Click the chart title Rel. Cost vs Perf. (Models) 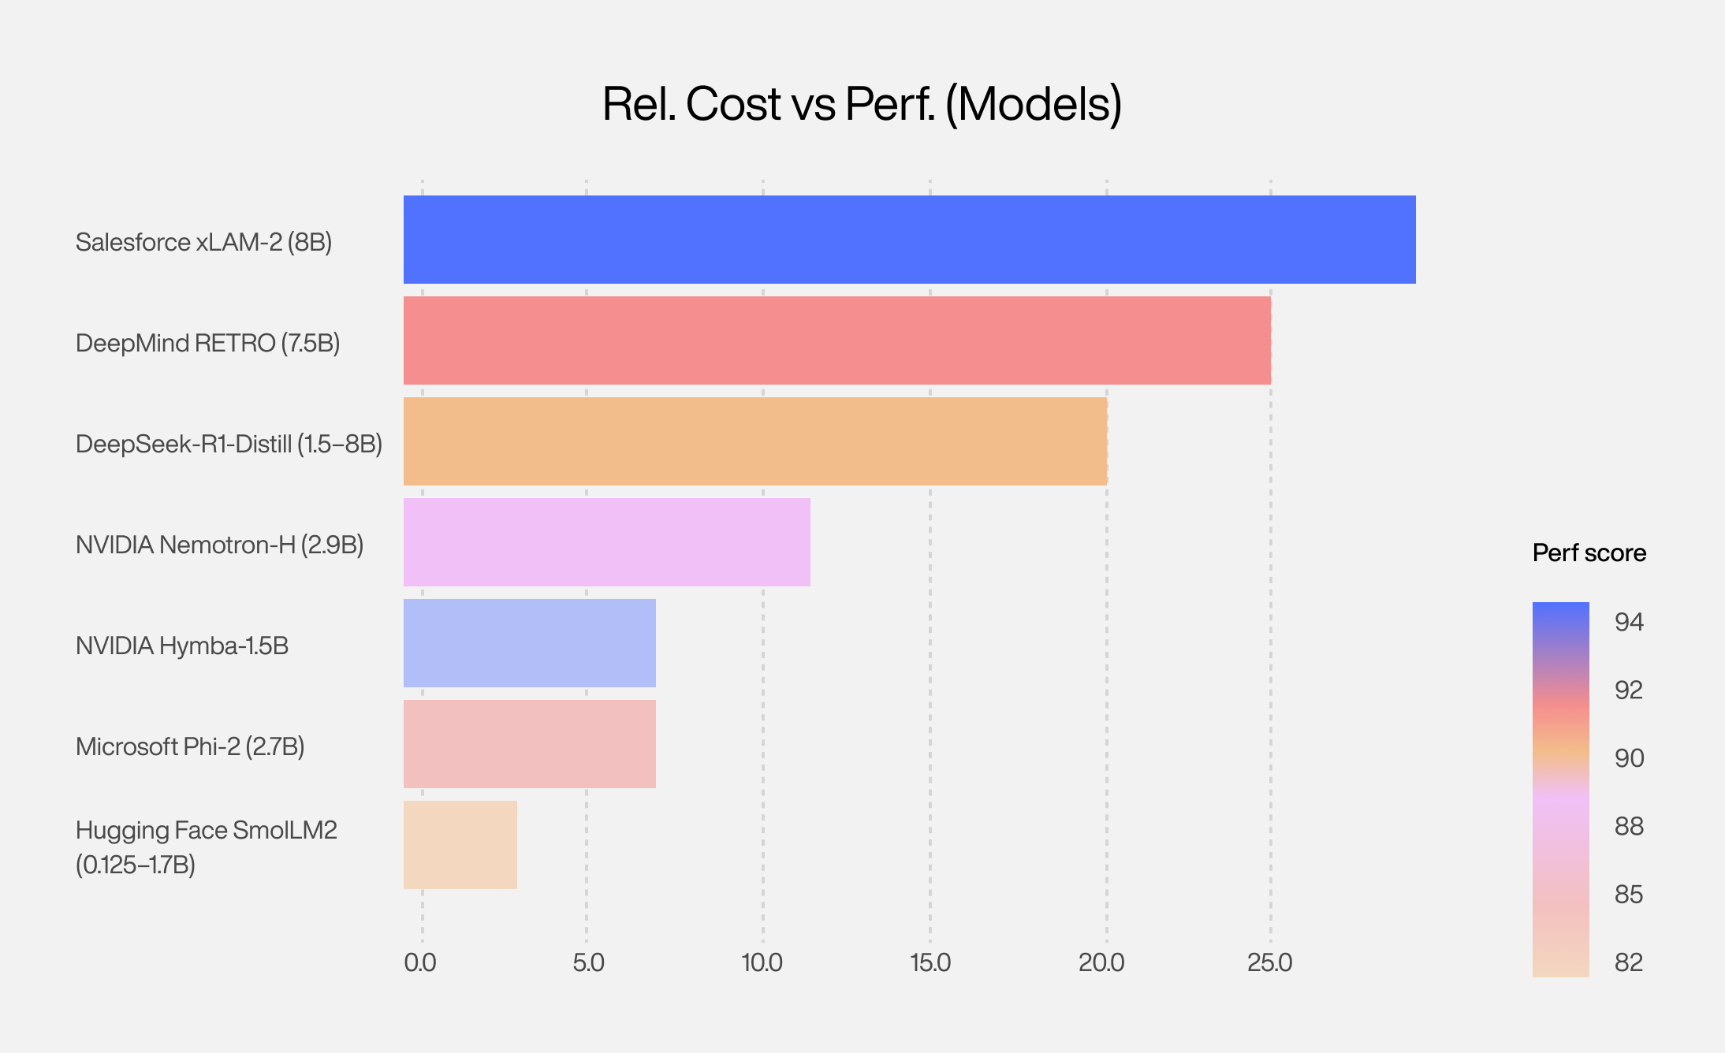pyautogui.click(x=862, y=104)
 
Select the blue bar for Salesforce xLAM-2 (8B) pyautogui.click(x=909, y=240)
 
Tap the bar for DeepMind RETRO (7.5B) pyautogui.click(x=836, y=340)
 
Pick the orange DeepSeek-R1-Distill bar pyautogui.click(x=754, y=441)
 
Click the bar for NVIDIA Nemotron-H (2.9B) pyautogui.click(x=606, y=542)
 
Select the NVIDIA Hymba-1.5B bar pyautogui.click(x=529, y=643)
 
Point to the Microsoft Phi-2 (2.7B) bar pyautogui.click(x=529, y=744)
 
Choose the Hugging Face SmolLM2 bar pyautogui.click(x=460, y=845)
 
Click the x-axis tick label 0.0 pyautogui.click(x=420, y=962)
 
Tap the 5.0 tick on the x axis pyautogui.click(x=588, y=962)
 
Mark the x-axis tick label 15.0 pyautogui.click(x=930, y=962)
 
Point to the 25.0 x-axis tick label pyautogui.click(x=1269, y=962)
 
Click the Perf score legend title pyautogui.click(x=1589, y=553)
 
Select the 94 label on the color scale pyautogui.click(x=1629, y=623)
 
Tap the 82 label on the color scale pyautogui.click(x=1629, y=962)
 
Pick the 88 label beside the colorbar pyautogui.click(x=1629, y=826)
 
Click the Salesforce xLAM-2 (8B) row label pyautogui.click(x=203, y=242)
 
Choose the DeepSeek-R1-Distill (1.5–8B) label pyautogui.click(x=229, y=444)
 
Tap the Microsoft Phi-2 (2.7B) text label pyautogui.click(x=190, y=746)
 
